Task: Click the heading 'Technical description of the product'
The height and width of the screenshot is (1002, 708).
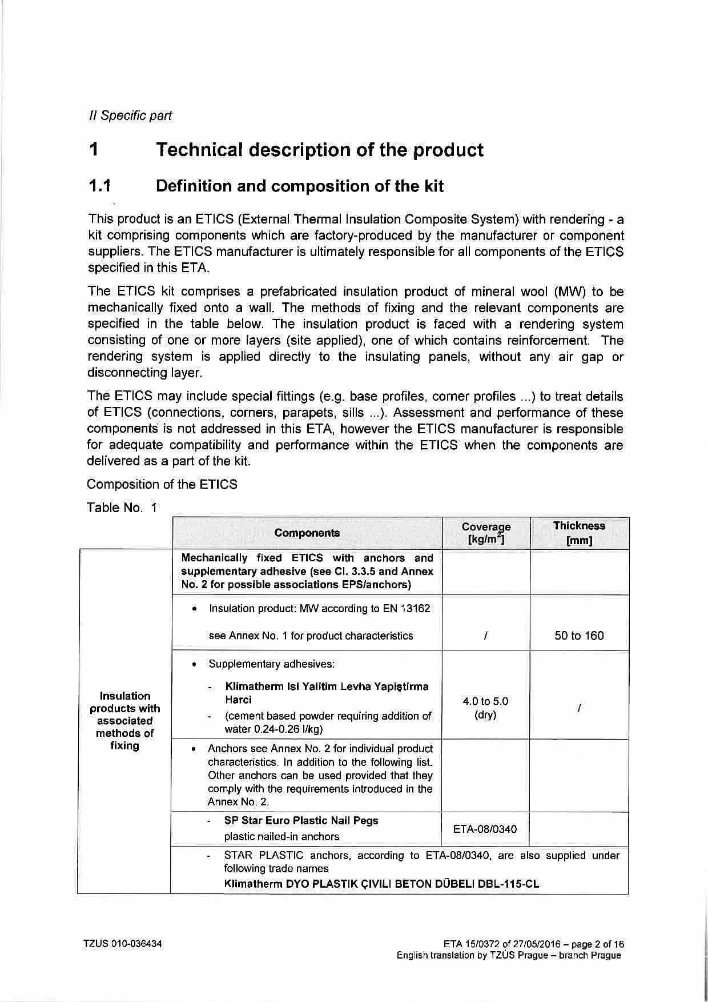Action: point(320,150)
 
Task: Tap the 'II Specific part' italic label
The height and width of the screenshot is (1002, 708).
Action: point(130,115)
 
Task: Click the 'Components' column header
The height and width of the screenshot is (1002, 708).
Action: point(307,533)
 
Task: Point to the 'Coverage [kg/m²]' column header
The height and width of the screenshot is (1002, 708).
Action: point(486,533)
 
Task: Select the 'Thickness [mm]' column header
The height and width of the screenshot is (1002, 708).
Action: point(579,533)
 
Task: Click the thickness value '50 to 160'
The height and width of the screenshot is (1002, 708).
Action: point(579,636)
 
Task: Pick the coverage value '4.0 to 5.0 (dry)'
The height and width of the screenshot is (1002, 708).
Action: point(485,708)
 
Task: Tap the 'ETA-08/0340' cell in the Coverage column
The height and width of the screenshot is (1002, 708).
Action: point(485,829)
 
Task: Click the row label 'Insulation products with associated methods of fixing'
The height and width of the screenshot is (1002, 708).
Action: point(124,720)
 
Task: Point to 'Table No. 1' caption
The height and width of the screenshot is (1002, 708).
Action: point(122,508)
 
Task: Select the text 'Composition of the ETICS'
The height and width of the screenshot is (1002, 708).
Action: point(162,484)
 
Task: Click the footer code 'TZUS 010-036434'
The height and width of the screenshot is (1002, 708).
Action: point(123,944)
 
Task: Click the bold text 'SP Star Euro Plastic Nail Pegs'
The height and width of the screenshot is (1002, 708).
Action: point(301,820)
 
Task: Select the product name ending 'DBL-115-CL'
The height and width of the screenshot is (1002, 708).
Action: point(381,884)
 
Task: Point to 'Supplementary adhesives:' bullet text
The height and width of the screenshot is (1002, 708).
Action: point(271,664)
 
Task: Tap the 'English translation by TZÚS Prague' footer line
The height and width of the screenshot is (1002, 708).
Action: point(508,955)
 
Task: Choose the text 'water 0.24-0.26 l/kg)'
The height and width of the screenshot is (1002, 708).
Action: point(273,729)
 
